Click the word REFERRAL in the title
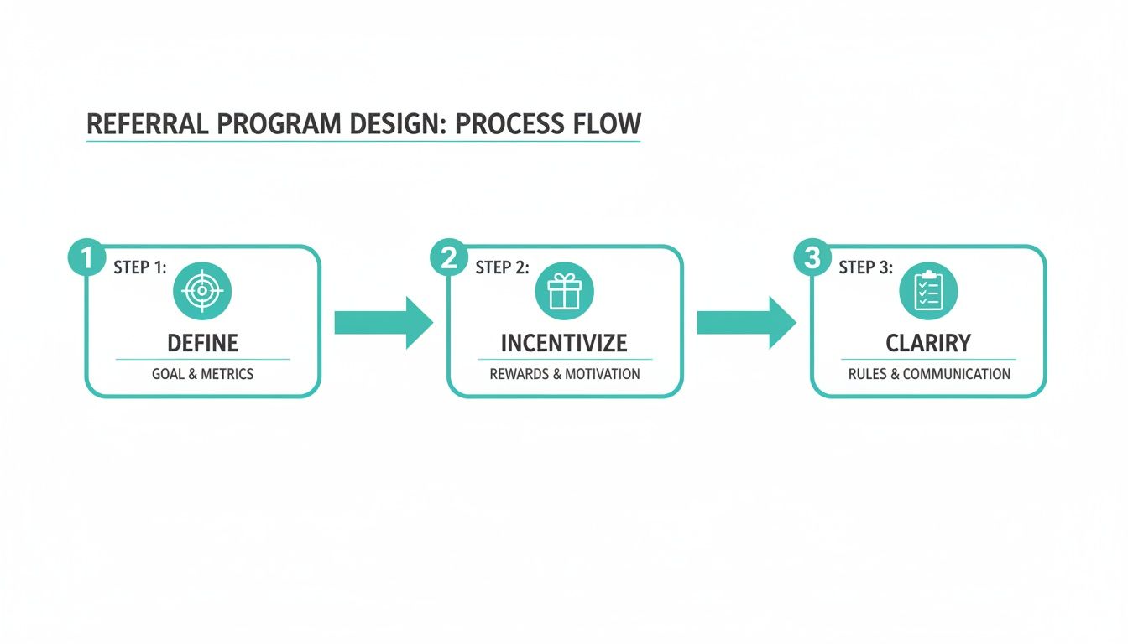[148, 124]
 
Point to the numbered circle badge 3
[812, 257]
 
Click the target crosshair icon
[202, 291]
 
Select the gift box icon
[565, 291]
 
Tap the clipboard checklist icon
[928, 291]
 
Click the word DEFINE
[202, 343]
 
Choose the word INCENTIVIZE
[564, 343]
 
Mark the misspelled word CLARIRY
[928, 343]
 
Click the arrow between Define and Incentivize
[383, 322]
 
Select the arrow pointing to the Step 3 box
[746, 322]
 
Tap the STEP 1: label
[140, 267]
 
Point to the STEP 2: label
[503, 267]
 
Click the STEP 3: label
[866, 267]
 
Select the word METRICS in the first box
[227, 374]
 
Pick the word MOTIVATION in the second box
[602, 374]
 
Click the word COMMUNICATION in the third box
[956, 374]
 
